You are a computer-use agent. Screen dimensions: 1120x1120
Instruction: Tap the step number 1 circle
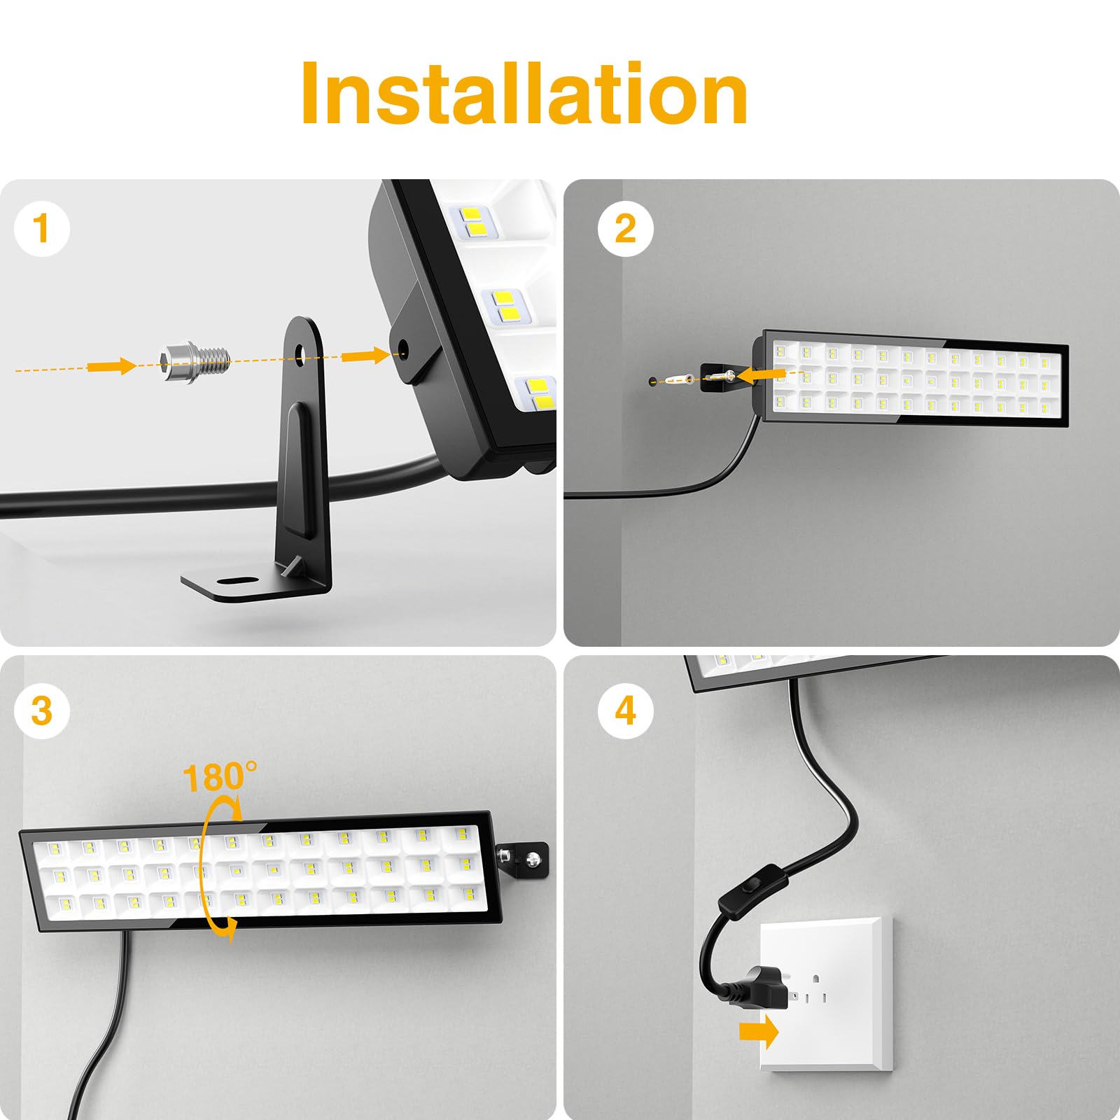pos(42,229)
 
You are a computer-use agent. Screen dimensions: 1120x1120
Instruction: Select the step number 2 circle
pos(625,229)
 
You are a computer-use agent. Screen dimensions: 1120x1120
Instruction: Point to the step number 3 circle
pos(42,710)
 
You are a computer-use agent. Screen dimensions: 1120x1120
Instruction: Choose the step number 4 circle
pos(625,710)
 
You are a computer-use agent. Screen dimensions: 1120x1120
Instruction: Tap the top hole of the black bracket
pos(302,352)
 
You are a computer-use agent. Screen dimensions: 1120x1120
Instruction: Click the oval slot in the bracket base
pos(236,581)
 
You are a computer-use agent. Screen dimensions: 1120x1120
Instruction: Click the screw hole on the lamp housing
pos(402,346)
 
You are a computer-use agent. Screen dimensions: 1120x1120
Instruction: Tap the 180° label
pos(219,777)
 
